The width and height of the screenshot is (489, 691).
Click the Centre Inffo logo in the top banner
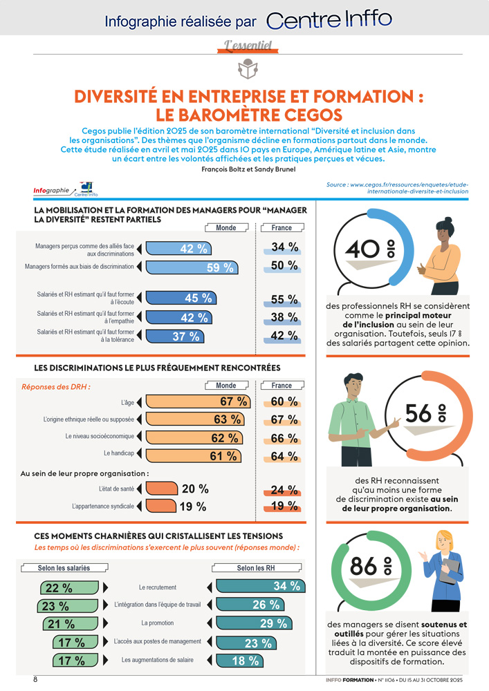click(x=329, y=20)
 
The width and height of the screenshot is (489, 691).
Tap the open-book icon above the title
click(x=245, y=68)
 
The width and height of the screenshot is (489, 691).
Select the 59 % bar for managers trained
click(x=194, y=267)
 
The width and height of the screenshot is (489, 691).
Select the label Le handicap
click(x=118, y=454)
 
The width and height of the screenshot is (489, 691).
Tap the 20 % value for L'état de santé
click(x=194, y=489)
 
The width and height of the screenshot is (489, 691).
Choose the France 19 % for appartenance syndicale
click(x=284, y=507)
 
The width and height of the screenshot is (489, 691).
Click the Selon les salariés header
click(x=64, y=568)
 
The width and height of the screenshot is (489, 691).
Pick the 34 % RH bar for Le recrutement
click(x=260, y=587)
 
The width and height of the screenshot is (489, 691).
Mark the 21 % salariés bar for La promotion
click(x=66, y=624)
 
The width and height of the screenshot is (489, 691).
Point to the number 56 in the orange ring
click(x=418, y=413)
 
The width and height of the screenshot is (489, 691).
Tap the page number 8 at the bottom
click(x=35, y=679)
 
